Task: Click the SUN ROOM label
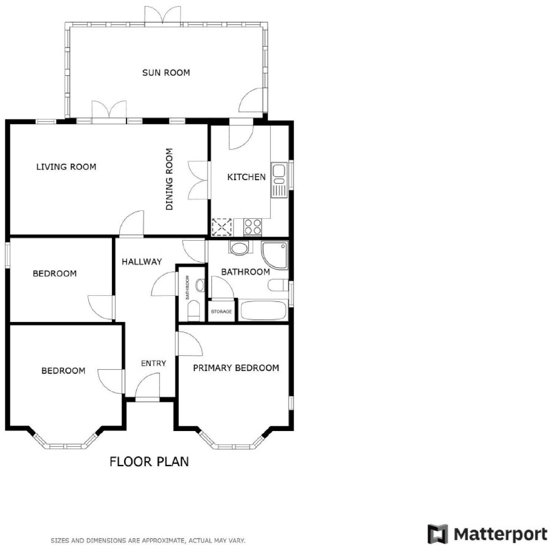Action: pyautogui.click(x=166, y=73)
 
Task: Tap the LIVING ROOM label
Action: pyautogui.click(x=66, y=167)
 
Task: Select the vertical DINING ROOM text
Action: pyautogui.click(x=169, y=179)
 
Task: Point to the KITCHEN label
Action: pyautogui.click(x=246, y=177)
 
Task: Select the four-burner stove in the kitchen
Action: pyautogui.click(x=253, y=227)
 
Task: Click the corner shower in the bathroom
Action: pyautogui.click(x=274, y=255)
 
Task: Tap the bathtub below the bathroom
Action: pyautogui.click(x=263, y=310)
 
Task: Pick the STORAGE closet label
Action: pyautogui.click(x=221, y=312)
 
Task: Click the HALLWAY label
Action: pyautogui.click(x=142, y=262)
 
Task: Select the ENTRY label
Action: pyautogui.click(x=153, y=364)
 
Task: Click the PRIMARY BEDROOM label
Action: pyautogui.click(x=236, y=368)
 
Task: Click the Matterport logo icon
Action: pyautogui.click(x=437, y=534)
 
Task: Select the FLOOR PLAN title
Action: pyautogui.click(x=149, y=462)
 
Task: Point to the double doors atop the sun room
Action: pyautogui.click(x=163, y=16)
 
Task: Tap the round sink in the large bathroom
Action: pyautogui.click(x=239, y=248)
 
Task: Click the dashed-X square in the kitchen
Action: pyautogui.click(x=221, y=227)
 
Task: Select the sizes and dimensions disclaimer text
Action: pyautogui.click(x=148, y=541)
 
